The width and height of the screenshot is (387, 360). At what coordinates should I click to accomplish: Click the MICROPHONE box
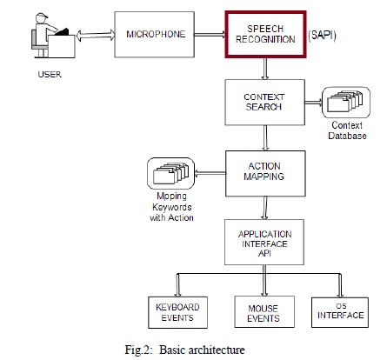tap(154, 35)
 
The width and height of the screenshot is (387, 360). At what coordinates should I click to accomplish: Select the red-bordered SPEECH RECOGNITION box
tap(265, 35)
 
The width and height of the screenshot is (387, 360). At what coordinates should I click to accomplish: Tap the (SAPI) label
tap(322, 36)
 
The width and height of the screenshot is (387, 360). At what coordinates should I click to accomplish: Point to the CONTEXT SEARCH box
tap(264, 103)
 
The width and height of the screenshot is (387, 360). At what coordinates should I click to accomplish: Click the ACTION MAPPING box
tap(265, 173)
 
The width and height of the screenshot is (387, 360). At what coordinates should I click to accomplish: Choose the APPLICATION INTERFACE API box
tap(264, 242)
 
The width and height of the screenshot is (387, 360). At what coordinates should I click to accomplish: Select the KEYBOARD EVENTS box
tap(177, 312)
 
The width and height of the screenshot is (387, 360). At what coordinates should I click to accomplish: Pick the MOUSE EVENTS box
tap(264, 312)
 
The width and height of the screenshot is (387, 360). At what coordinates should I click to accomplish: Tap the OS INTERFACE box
tap(340, 312)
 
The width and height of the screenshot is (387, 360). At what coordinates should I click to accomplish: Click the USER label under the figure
tap(50, 75)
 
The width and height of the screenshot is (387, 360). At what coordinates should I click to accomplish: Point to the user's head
tap(42, 17)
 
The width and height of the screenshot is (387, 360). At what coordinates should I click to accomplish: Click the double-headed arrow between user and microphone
tap(96, 36)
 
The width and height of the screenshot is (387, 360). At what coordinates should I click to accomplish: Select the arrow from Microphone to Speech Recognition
tap(210, 35)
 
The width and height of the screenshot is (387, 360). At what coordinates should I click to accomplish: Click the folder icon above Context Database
tap(346, 103)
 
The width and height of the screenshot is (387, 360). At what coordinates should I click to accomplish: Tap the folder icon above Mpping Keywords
tap(170, 173)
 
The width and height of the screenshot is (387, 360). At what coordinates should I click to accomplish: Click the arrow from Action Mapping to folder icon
tap(210, 173)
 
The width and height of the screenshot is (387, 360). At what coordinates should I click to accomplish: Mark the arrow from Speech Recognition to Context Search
tap(265, 69)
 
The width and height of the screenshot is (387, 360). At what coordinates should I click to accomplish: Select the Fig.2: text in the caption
tap(138, 350)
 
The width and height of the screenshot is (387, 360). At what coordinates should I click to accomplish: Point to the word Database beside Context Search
tap(347, 136)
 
